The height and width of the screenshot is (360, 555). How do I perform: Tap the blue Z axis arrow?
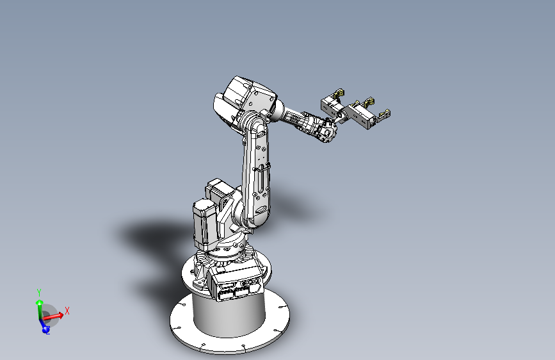point(45,328)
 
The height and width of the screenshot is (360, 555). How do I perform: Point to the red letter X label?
point(67,311)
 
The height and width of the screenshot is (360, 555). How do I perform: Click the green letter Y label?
point(39,292)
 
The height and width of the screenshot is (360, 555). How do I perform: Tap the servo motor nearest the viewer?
point(204,224)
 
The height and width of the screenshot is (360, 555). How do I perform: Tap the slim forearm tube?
point(294,119)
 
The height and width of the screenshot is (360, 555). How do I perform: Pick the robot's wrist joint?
point(325,131)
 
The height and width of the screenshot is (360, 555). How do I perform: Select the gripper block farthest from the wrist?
point(362,115)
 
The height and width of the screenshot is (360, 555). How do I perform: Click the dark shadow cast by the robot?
point(154,237)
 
